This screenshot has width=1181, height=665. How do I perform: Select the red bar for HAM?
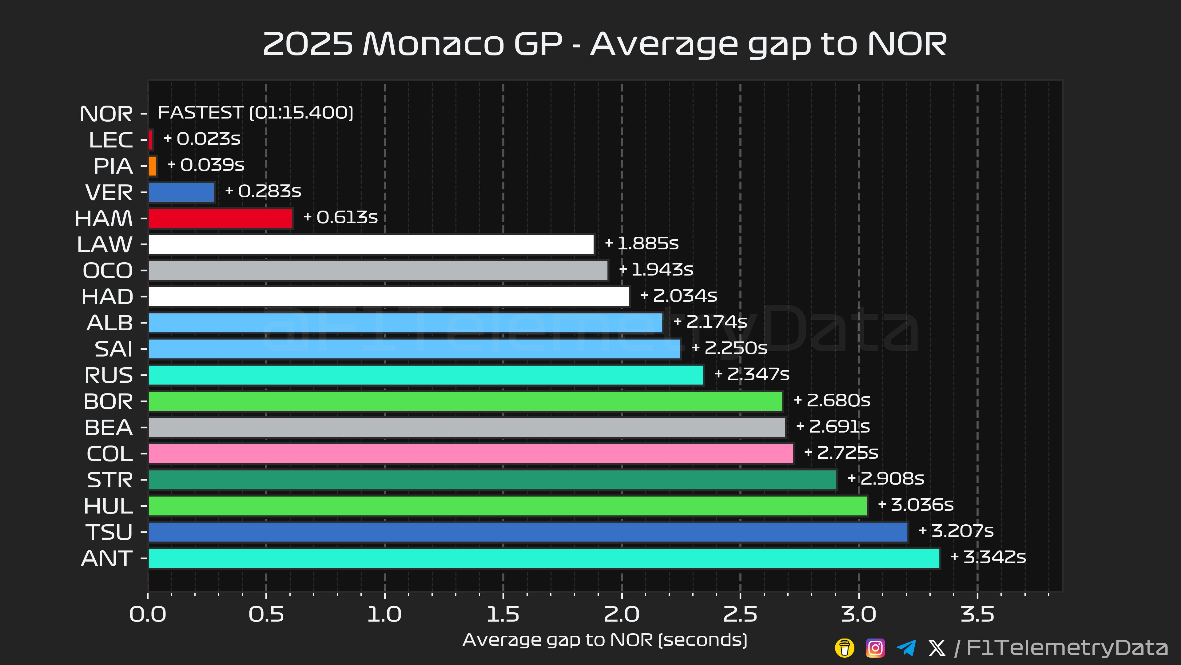[220, 218]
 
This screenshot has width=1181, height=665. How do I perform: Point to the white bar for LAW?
[371, 244]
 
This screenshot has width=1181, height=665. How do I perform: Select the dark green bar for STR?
[492, 480]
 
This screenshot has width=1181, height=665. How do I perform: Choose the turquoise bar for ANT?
[544, 558]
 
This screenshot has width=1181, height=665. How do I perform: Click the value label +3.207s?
[956, 531]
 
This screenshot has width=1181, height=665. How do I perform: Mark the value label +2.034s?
[678, 296]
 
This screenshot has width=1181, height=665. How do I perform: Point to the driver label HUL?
[108, 506]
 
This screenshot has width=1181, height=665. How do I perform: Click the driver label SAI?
[113, 349]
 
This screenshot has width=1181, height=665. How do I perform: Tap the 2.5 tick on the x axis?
[740, 615]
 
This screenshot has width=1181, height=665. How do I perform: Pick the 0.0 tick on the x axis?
[148, 615]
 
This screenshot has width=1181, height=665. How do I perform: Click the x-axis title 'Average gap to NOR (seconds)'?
[605, 640]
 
